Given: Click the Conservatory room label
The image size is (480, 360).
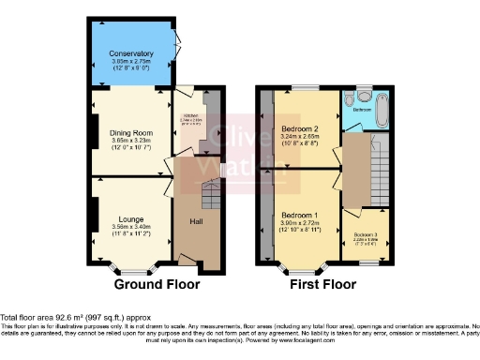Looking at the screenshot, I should click(x=130, y=52).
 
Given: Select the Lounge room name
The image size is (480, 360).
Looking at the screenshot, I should click(x=130, y=217).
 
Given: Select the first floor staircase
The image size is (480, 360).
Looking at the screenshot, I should click(x=379, y=173).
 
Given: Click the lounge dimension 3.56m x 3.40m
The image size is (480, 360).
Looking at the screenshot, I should click(x=130, y=226).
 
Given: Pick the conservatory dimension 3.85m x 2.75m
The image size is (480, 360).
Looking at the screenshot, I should click(x=130, y=61).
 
